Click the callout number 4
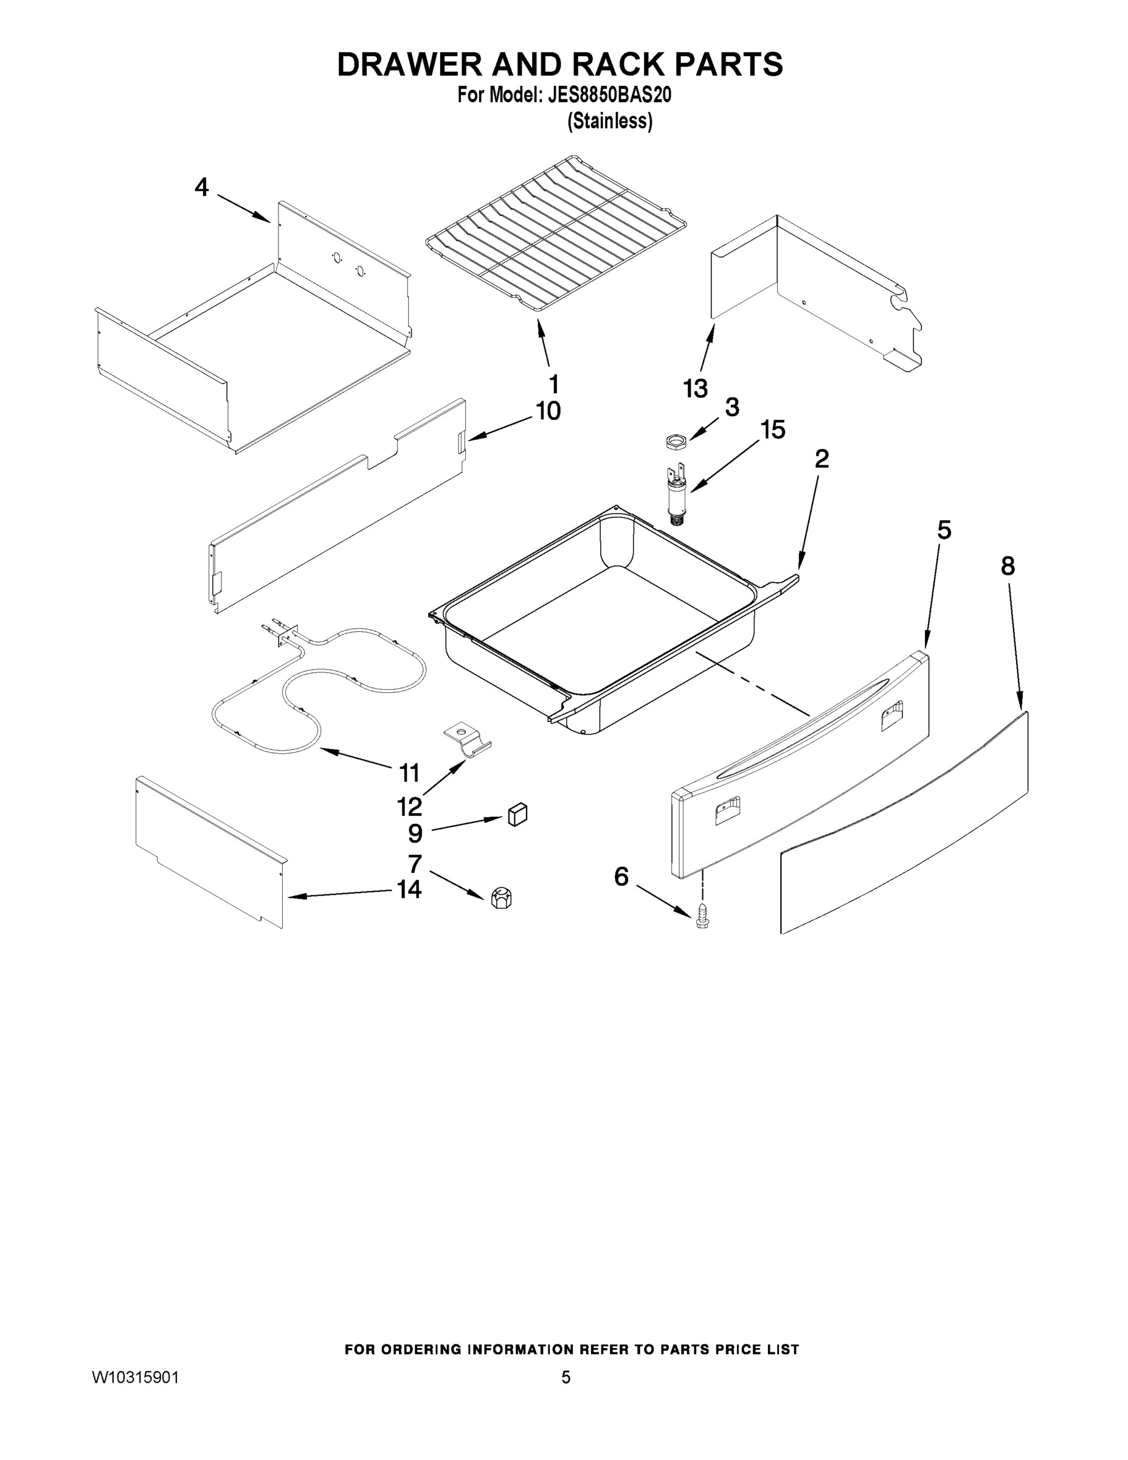tap(201, 187)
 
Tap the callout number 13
tap(696, 388)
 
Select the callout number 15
tap(773, 430)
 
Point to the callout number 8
tap(1008, 566)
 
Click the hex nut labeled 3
tap(676, 441)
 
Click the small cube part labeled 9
tap(517, 815)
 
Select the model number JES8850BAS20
tap(609, 96)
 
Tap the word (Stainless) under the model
tap(609, 122)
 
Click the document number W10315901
tap(135, 1377)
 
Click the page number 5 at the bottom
tap(566, 1377)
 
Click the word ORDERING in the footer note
tap(417, 1350)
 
